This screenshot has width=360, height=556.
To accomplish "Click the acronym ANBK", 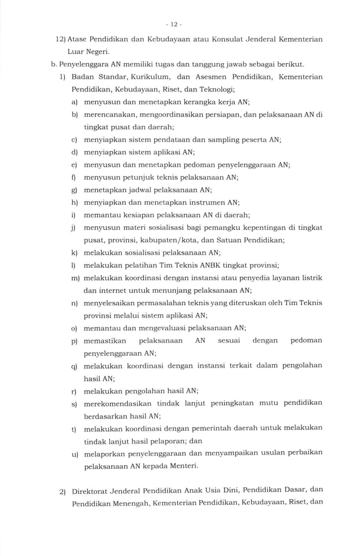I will point(204,265).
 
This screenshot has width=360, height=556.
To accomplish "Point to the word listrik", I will point(310,278).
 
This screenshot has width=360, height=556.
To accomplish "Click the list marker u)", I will point(74,454).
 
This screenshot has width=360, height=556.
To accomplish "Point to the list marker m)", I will point(74,279).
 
